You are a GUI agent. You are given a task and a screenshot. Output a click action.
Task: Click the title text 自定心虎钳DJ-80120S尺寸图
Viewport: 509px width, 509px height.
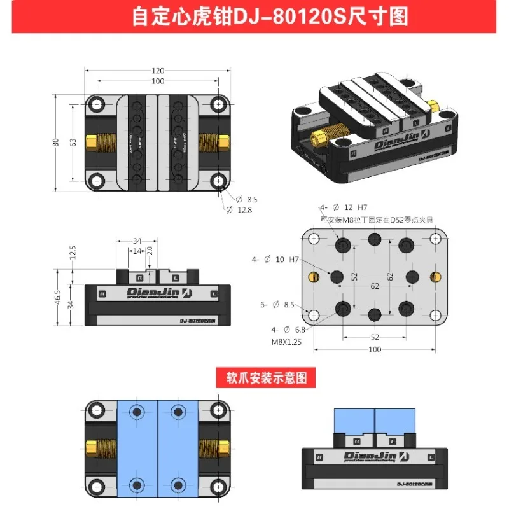point(254,16)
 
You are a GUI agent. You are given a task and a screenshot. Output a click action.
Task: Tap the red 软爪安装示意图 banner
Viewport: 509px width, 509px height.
point(262,377)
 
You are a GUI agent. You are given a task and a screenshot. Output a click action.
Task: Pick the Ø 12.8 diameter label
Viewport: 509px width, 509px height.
point(244,210)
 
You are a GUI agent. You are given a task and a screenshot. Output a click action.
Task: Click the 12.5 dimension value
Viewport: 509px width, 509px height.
point(73,253)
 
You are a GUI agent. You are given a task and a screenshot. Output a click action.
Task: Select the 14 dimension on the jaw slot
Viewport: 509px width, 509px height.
point(137,251)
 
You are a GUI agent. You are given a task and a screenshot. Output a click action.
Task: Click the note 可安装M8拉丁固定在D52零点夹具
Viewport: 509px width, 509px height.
point(377,220)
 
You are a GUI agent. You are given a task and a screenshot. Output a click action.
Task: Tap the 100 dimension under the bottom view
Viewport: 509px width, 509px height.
point(373,350)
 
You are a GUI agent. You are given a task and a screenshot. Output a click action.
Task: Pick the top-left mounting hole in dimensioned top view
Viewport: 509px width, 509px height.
point(97,104)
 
